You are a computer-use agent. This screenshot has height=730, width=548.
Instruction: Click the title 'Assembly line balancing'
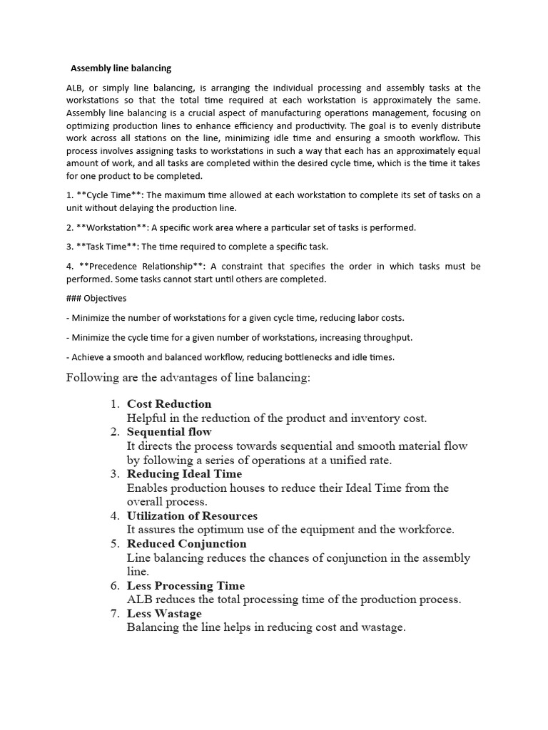[121, 68]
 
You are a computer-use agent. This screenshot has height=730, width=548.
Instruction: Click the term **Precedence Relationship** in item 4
[133, 266]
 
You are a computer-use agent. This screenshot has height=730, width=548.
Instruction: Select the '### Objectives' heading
[96, 298]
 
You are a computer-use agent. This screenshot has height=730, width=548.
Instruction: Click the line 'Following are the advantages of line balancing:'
[188, 378]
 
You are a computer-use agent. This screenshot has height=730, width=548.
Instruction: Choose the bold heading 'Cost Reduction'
[169, 404]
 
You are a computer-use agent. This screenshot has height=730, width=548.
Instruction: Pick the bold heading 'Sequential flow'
[169, 432]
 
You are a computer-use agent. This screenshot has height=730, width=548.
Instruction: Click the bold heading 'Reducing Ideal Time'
[184, 474]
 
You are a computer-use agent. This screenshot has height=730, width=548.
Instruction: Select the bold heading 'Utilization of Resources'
[192, 516]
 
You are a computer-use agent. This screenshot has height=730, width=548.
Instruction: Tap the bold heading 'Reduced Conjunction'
[186, 544]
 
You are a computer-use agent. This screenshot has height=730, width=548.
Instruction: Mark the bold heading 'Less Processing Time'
[186, 586]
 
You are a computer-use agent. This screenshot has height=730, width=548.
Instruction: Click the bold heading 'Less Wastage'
[164, 614]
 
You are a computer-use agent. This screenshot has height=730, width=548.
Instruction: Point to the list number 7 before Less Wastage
[114, 614]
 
